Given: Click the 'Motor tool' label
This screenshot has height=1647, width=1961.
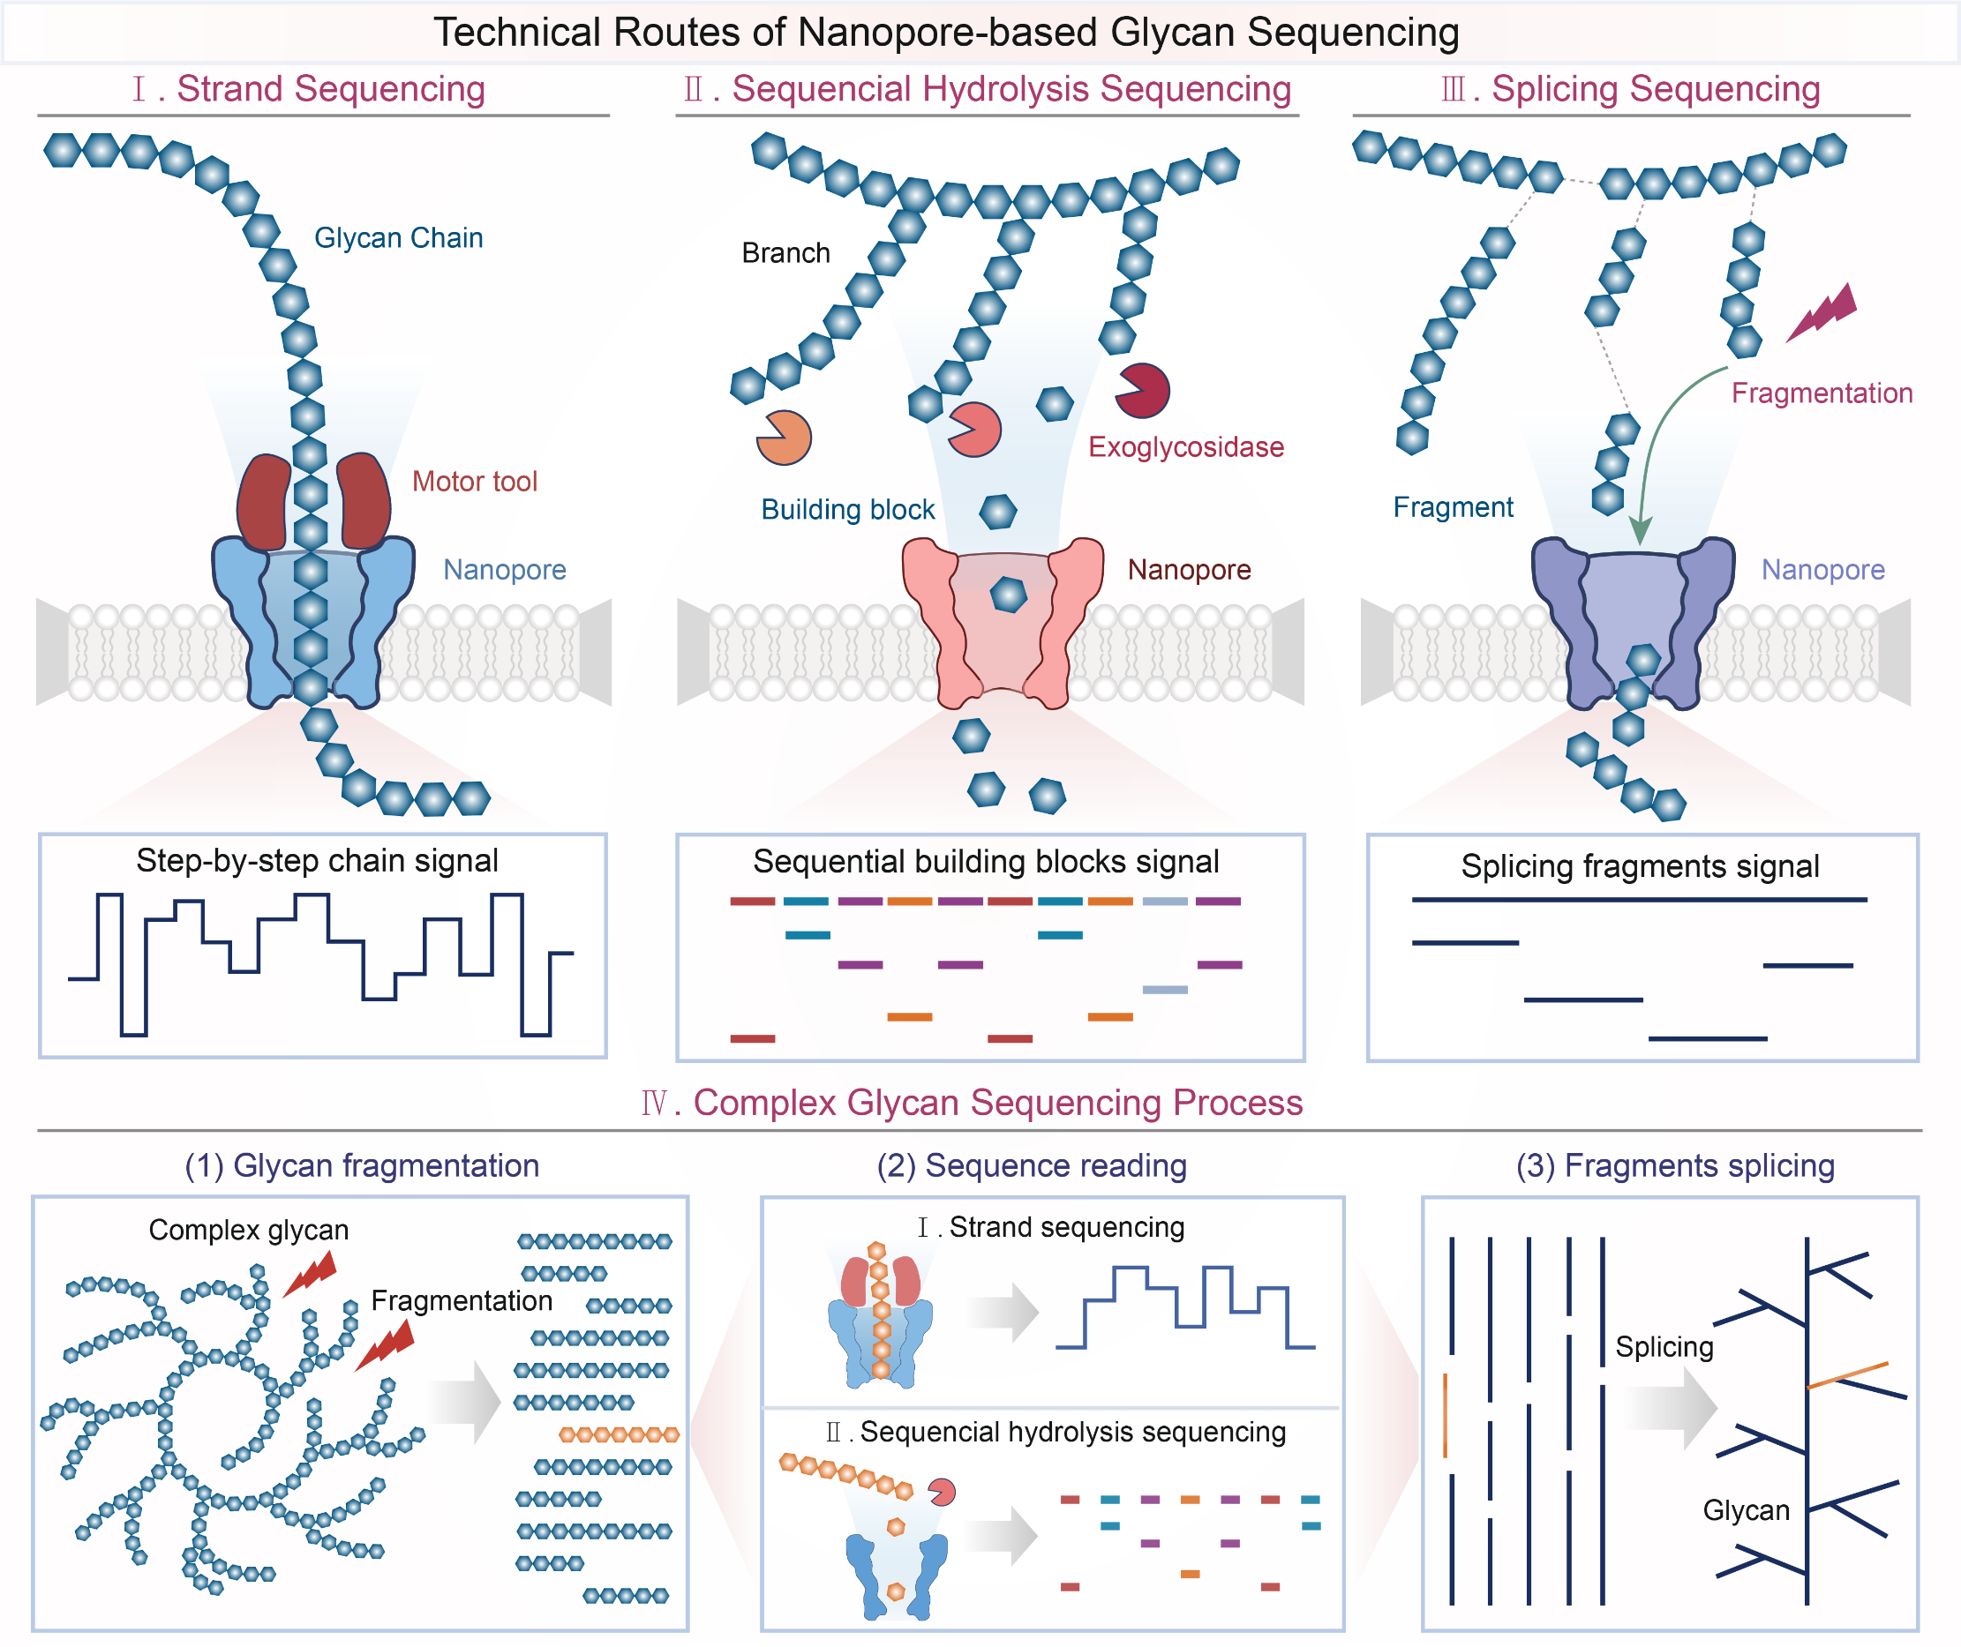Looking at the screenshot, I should pyautogui.click(x=475, y=482).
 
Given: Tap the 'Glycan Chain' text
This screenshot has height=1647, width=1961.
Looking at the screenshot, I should pyautogui.click(x=399, y=238).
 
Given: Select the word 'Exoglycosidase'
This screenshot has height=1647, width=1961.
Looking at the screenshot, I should pyautogui.click(x=1186, y=447).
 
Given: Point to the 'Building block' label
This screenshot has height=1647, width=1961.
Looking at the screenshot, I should pyautogui.click(x=847, y=510).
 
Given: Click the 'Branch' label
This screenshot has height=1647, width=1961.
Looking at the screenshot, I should pyautogui.click(x=785, y=253).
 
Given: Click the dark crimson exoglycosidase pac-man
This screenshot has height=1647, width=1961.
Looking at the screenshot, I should pyautogui.click(x=1143, y=390).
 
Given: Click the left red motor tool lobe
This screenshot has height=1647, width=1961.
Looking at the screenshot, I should pyautogui.click(x=264, y=501).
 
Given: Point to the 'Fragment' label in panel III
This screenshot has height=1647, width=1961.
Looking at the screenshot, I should pyautogui.click(x=1452, y=507).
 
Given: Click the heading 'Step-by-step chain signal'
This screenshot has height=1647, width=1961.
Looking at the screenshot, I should pyautogui.click(x=317, y=861).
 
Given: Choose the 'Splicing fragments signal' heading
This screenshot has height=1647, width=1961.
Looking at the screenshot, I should pyautogui.click(x=1640, y=866).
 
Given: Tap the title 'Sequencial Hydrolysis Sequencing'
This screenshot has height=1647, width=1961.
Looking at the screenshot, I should pyautogui.click(x=1011, y=90).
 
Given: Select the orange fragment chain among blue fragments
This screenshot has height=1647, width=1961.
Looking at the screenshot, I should pyautogui.click(x=618, y=1435).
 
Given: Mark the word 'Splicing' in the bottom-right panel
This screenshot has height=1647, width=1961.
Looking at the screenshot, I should pyautogui.click(x=1664, y=1347).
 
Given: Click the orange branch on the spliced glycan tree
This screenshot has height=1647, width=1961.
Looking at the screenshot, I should pyautogui.click(x=1848, y=1375).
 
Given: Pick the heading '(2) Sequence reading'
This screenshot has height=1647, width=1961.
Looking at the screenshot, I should pyautogui.click(x=1031, y=1166).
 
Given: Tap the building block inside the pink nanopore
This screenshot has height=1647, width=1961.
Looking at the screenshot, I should pyautogui.click(x=1009, y=594).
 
